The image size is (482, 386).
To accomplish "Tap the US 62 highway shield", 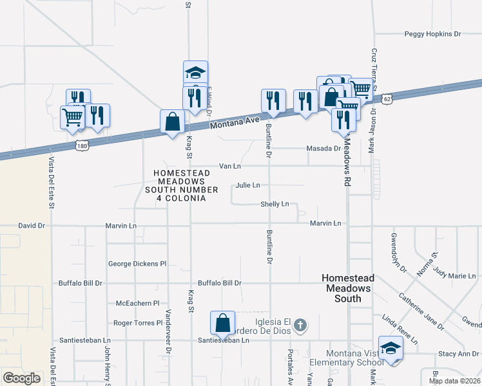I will (x=386, y=99).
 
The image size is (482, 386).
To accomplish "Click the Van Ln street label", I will (x=229, y=166).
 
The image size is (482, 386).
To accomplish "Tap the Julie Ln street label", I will (x=247, y=185).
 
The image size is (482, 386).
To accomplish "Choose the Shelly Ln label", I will (x=274, y=204).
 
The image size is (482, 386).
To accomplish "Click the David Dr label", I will (x=32, y=226).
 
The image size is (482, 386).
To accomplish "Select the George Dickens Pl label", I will (x=137, y=264).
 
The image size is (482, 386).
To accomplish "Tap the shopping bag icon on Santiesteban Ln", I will (x=222, y=324).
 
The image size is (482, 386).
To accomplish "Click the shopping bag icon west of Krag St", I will (x=173, y=122).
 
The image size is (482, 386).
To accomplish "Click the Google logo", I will (x=21, y=378).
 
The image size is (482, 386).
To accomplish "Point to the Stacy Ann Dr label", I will (x=458, y=353).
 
